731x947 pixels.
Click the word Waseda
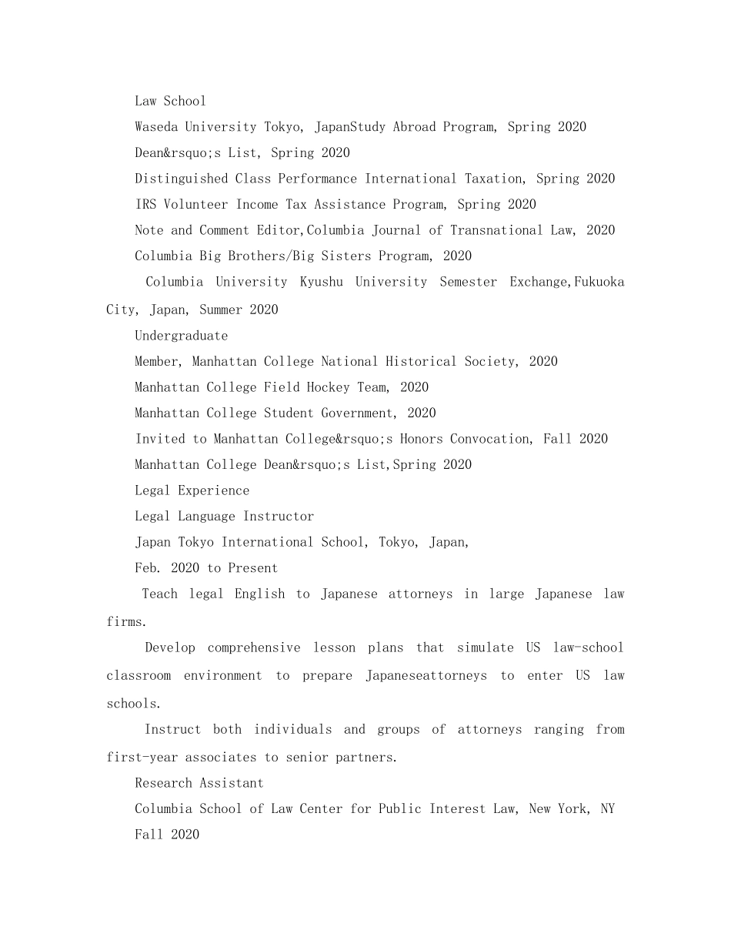157,127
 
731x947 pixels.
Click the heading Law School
170,101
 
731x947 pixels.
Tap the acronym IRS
145,205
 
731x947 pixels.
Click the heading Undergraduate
181,336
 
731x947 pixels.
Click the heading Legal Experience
192,490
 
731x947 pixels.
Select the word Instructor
279,517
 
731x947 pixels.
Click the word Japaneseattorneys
426,676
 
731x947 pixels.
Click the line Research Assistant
199,783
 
